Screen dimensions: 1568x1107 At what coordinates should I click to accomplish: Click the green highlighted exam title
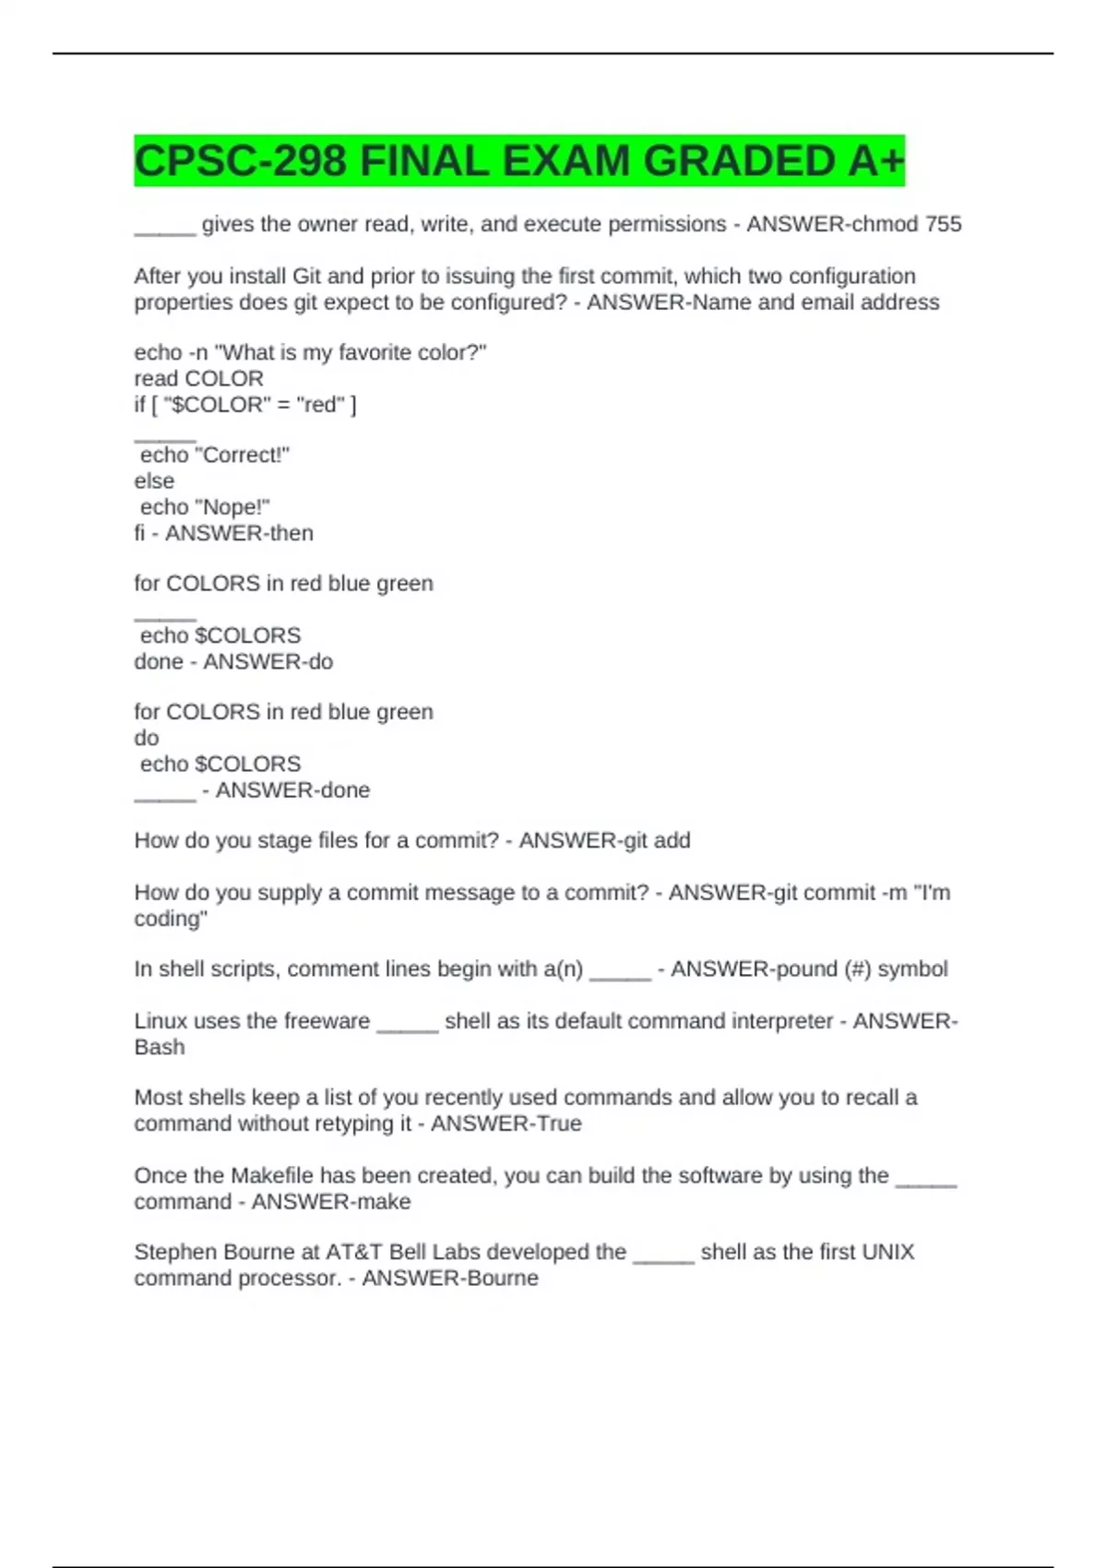pyautogui.click(x=518, y=160)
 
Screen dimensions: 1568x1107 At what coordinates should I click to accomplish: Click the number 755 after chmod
pyautogui.click(x=943, y=224)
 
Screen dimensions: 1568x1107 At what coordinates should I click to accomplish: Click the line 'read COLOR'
pyautogui.click(x=198, y=378)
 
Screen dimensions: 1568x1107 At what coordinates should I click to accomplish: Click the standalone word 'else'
pyautogui.click(x=154, y=481)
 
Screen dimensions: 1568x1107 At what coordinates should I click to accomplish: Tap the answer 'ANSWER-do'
pyautogui.click(x=268, y=661)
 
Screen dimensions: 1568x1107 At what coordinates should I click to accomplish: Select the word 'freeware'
pyautogui.click(x=327, y=1021)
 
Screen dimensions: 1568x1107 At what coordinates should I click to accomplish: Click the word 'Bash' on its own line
pyautogui.click(x=160, y=1047)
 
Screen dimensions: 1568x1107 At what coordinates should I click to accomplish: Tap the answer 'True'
pyautogui.click(x=557, y=1123)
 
